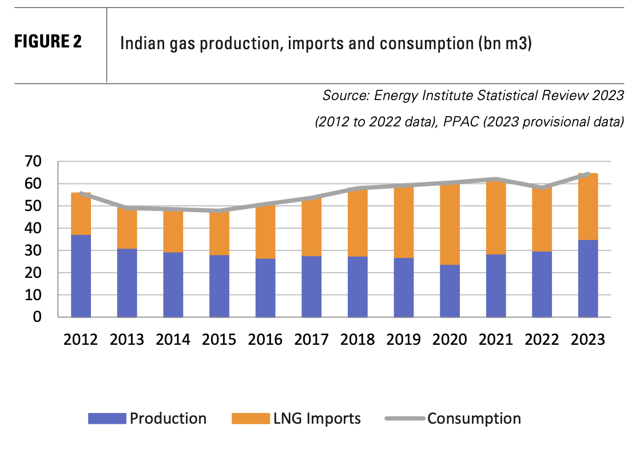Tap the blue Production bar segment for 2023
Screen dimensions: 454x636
point(588,278)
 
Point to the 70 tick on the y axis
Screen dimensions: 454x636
point(34,162)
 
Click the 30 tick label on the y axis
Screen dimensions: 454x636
point(34,250)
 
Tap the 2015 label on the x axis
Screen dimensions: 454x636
point(219,339)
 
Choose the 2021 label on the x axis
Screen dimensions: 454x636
point(496,339)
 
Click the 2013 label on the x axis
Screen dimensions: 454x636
point(127,339)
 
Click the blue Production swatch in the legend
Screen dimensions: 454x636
point(106,419)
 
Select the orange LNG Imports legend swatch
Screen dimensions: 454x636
point(250,419)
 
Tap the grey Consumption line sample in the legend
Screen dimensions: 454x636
point(405,419)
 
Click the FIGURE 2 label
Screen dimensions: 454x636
point(47,42)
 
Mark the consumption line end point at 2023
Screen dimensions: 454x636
point(588,174)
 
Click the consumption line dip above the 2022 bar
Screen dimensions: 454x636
point(542,188)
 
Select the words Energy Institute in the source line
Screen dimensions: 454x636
point(419,95)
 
